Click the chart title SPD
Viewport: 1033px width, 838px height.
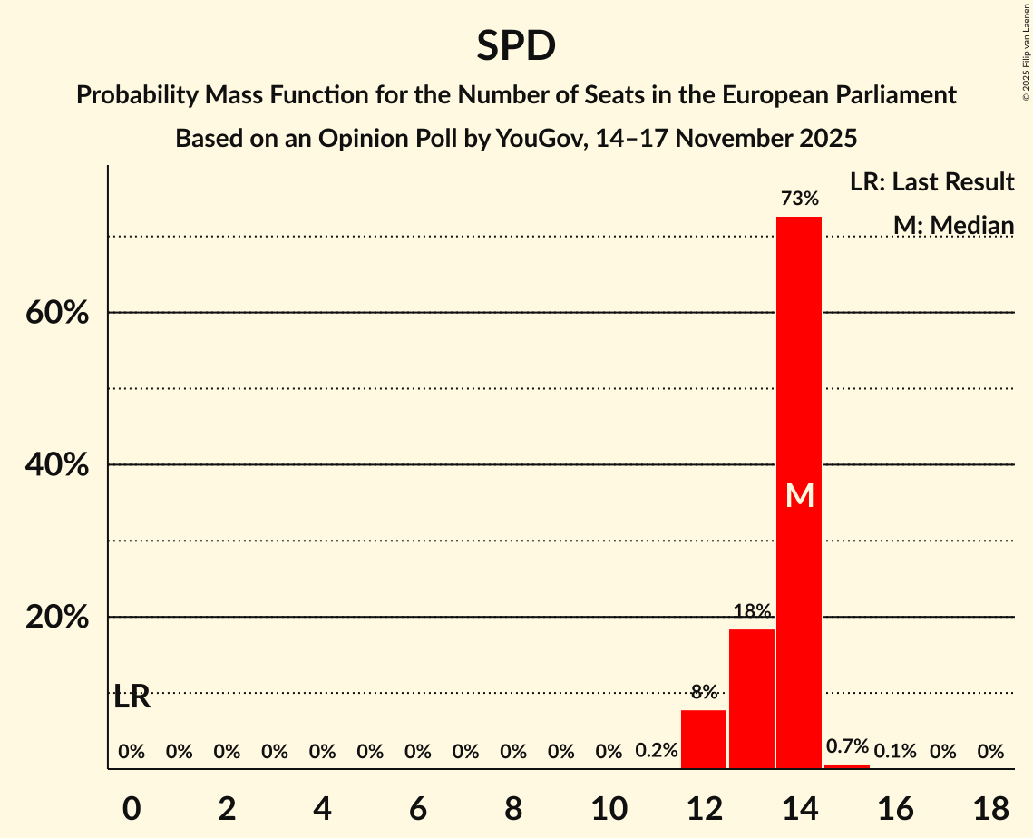516,46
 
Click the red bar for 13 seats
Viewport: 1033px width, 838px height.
752,698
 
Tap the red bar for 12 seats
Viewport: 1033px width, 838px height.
704,739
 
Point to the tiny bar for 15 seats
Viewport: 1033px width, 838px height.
847,766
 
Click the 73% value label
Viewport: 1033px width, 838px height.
799,199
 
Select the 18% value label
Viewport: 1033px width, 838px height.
752,611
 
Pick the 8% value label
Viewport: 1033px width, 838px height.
704,692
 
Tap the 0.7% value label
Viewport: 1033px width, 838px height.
847,746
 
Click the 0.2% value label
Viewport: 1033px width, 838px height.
656,751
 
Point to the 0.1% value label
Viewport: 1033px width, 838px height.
895,751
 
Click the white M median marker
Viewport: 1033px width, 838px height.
799,495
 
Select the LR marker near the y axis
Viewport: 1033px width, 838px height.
132,697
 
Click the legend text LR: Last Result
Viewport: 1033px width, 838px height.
931,182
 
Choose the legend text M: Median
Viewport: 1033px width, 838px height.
952,225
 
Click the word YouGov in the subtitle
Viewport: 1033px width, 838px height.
535,139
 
